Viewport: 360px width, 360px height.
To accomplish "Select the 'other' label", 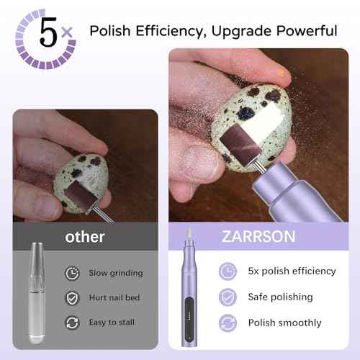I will coord(85,236).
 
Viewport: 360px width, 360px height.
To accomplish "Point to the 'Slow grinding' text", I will coord(116,273).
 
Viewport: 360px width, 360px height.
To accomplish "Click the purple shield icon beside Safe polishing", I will coord(228,296).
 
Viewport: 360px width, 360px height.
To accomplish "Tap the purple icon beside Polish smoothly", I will coord(228,321).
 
